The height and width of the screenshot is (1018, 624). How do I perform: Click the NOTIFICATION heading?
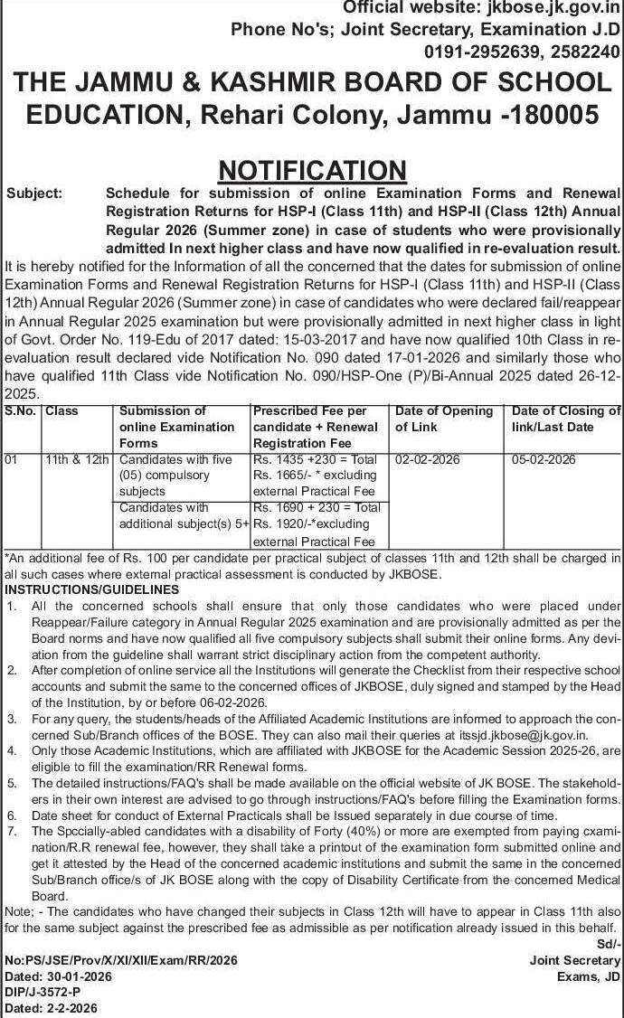[x=312, y=170]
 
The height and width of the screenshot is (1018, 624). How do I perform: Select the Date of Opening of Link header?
[x=443, y=419]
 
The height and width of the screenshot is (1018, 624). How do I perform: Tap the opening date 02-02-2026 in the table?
[x=428, y=460]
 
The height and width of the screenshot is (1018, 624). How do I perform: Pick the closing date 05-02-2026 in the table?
[x=544, y=460]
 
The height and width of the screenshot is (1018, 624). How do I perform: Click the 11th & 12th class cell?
[x=78, y=460]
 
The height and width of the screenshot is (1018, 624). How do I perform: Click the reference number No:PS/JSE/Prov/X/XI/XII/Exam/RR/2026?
[x=121, y=960]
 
